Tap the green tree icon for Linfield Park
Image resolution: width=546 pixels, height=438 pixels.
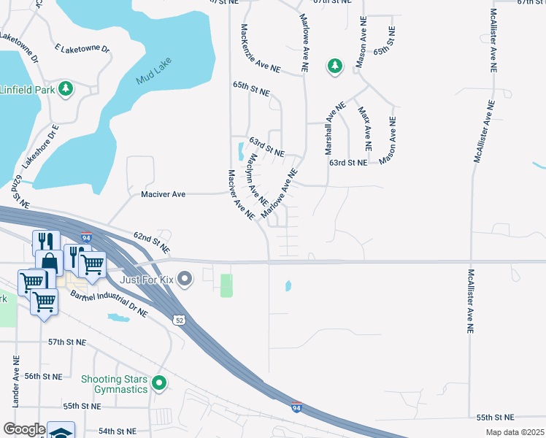pyautogui.click(x=66, y=88)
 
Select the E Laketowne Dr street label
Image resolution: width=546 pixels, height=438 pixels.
pyautogui.click(x=82, y=49)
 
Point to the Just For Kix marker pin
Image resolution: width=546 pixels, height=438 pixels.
pyautogui.click(x=185, y=277)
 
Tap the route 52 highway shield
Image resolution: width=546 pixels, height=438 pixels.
pyautogui.click(x=179, y=320)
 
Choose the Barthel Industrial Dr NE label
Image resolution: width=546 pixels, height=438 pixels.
pyautogui.click(x=109, y=304)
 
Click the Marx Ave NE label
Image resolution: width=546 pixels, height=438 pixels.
pyautogui.click(x=365, y=128)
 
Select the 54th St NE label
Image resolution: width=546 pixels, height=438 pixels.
pyautogui.click(x=117, y=431)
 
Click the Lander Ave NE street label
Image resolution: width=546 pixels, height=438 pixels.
pyautogui.click(x=15, y=382)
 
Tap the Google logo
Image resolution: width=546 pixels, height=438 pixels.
pyautogui.click(x=24, y=429)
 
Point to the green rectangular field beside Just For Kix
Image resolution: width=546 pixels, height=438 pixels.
pyautogui.click(x=226, y=285)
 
